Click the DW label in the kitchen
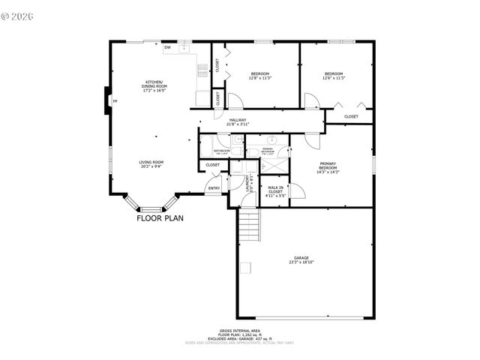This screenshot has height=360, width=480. tap(168, 48)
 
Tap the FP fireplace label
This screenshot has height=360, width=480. tap(115, 100)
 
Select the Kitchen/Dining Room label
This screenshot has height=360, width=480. tap(155, 86)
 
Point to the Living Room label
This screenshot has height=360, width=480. tap(151, 164)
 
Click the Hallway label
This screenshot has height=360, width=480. tap(238, 121)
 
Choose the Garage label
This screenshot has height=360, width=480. tap(301, 260)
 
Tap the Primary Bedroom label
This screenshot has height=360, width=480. tap(328, 167)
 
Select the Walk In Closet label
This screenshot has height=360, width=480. tap(274, 192)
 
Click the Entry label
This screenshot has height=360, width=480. tap(214, 188)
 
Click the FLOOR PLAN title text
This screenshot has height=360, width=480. tap(160, 219)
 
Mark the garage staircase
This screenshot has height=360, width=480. tap(249, 225)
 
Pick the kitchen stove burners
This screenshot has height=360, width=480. tap(202, 70)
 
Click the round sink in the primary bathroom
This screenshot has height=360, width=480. tap(274, 140)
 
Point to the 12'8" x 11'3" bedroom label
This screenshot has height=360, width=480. tap(260, 75)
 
